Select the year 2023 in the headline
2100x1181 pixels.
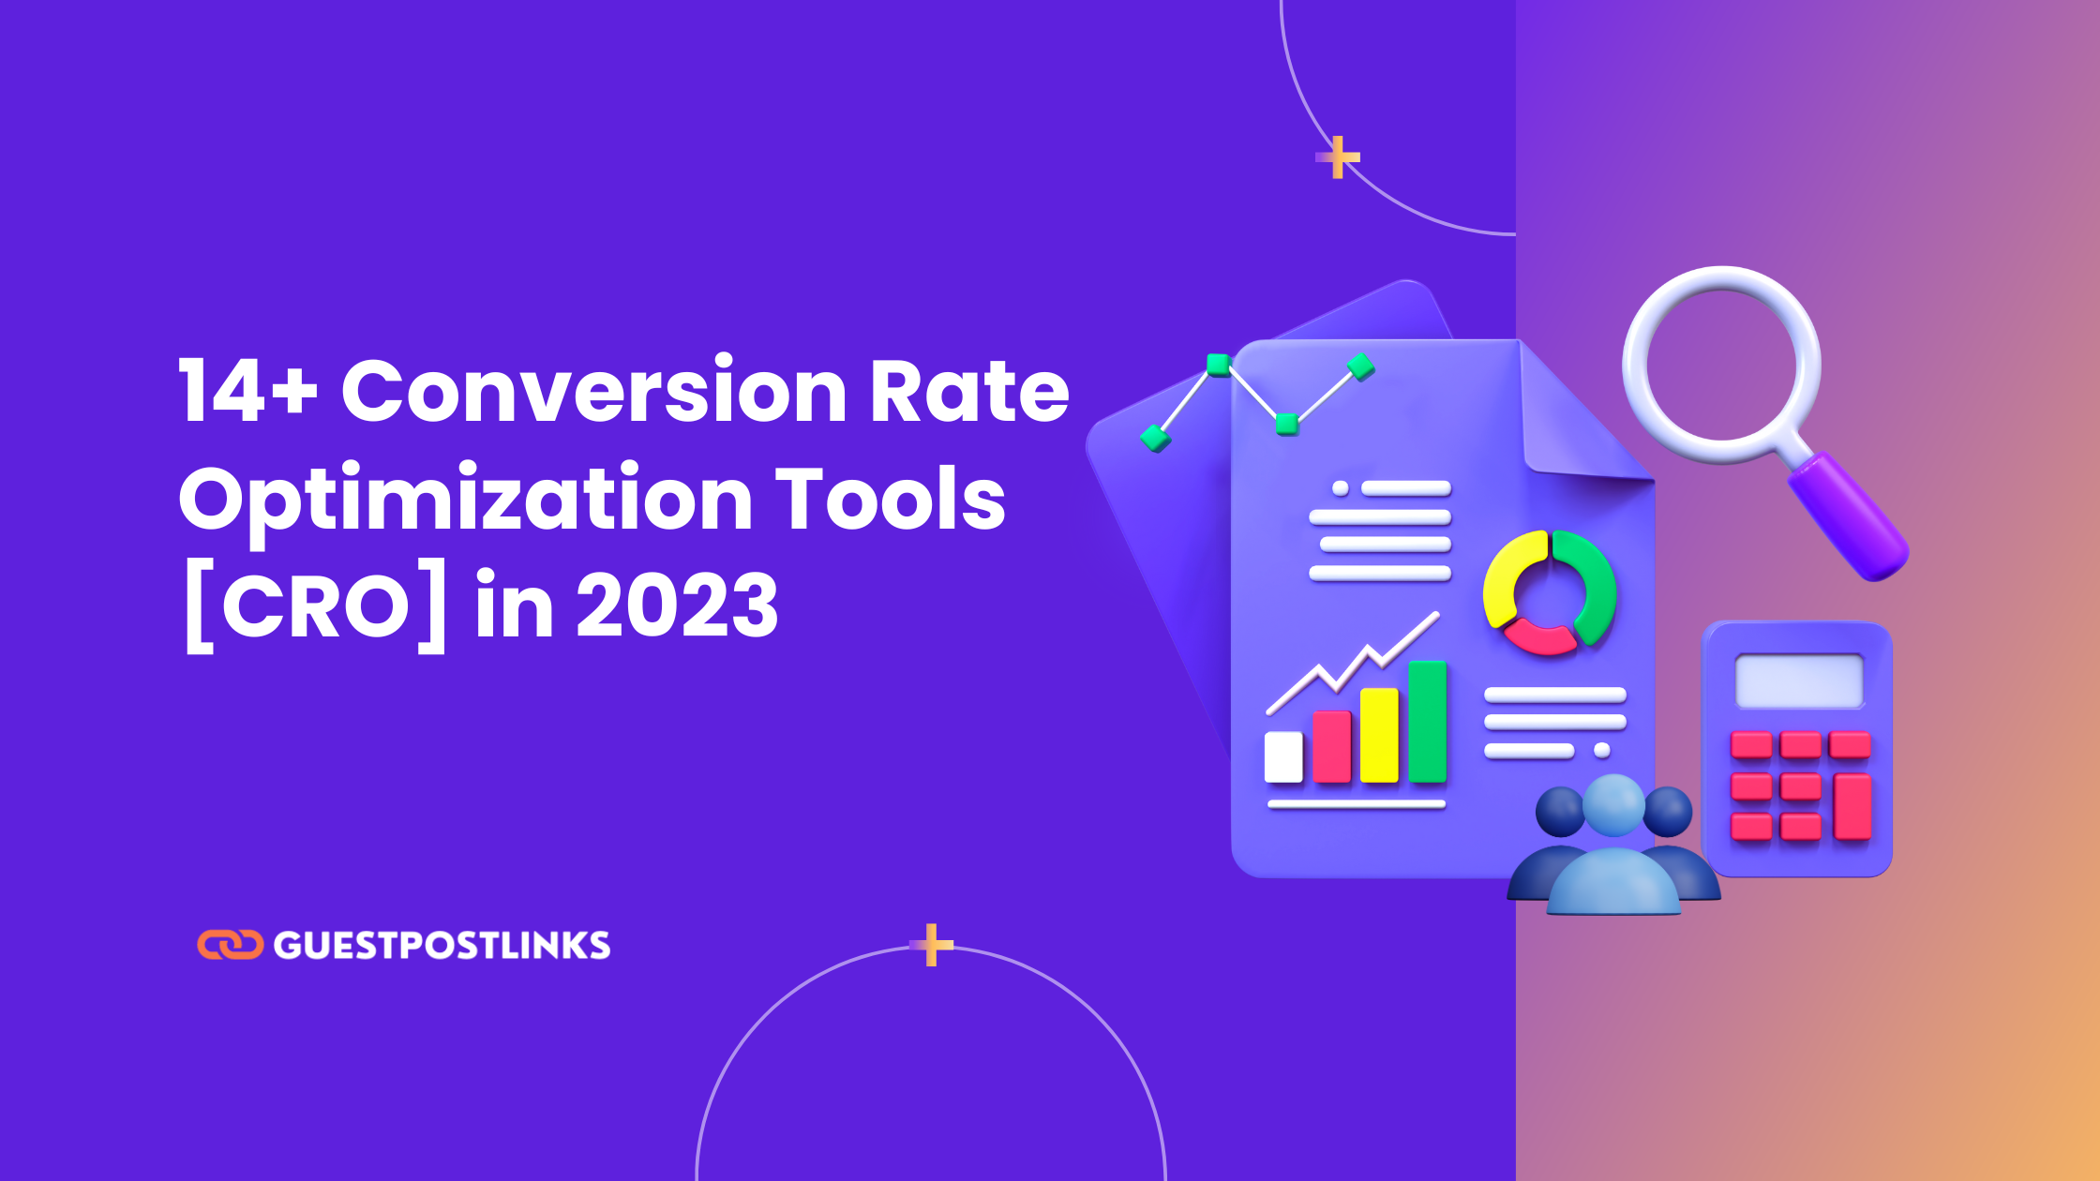click(677, 605)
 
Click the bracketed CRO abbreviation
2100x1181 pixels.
click(316, 609)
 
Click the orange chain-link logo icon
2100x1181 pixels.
click(230, 945)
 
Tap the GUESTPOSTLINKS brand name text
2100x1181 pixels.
click(442, 946)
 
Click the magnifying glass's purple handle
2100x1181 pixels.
click(1848, 516)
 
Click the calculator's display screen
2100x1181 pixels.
click(1799, 680)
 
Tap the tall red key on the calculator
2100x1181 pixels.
click(1852, 807)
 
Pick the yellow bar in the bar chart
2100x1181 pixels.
click(1379, 735)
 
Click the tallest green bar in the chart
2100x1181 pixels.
click(1428, 721)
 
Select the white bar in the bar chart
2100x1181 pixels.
click(1283, 756)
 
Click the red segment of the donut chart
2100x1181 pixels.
click(1540, 638)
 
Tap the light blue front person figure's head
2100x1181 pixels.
click(1613, 805)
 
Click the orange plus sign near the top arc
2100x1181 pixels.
click(1339, 157)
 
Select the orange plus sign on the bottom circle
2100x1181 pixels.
click(932, 945)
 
